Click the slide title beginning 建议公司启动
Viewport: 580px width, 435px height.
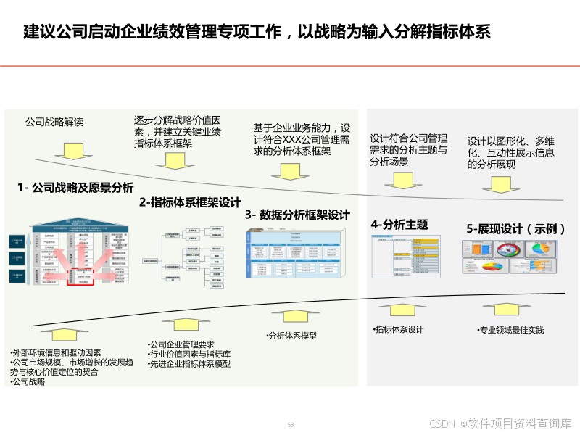pos(257,32)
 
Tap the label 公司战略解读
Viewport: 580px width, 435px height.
pos(54,122)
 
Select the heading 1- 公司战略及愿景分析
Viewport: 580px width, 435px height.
pos(76,187)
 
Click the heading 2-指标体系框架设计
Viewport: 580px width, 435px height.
pos(190,203)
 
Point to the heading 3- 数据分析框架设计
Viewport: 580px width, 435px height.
pos(297,215)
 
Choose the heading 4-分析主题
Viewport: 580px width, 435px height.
pos(399,225)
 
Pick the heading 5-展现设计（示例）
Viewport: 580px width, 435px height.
pos(515,228)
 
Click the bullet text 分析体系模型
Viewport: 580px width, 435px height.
pos(294,336)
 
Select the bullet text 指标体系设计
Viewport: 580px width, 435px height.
pos(400,330)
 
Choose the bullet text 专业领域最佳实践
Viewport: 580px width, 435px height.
pos(513,331)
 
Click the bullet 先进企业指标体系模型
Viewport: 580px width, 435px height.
pos(190,364)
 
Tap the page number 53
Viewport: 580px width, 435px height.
pos(291,425)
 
